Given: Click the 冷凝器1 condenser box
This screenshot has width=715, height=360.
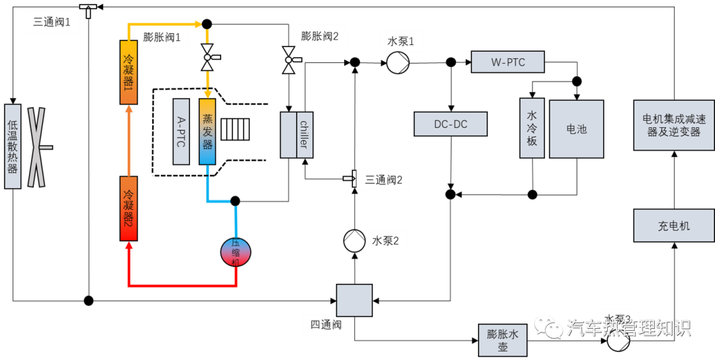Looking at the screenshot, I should [128, 72].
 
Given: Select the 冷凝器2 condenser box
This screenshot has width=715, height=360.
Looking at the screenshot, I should [128, 208].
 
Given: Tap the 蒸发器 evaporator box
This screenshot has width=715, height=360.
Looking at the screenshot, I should [207, 132].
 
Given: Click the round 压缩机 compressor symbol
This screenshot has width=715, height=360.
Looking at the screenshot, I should [236, 252].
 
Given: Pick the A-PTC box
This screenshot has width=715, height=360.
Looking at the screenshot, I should [181, 132].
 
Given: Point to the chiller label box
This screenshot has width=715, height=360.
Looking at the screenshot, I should [305, 135].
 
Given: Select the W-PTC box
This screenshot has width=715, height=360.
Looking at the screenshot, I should [508, 62].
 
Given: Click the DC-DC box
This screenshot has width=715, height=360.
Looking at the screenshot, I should [450, 124].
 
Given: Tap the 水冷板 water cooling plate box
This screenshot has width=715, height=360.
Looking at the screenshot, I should [532, 128].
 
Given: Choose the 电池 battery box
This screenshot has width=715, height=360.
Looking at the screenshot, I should [576, 129].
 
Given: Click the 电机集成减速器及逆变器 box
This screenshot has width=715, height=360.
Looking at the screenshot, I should [674, 125].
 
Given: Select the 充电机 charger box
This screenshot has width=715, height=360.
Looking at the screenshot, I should [674, 226].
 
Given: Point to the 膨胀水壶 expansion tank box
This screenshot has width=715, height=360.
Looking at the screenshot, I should [503, 340].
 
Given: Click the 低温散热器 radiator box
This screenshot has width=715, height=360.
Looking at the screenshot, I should [13, 146].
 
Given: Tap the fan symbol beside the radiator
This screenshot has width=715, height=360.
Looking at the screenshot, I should [36, 147].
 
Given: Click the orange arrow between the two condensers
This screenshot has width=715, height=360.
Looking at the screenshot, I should [129, 139].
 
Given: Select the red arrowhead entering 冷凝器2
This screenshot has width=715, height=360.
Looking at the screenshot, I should [129, 246].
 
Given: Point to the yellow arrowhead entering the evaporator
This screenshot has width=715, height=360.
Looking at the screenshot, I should [207, 94].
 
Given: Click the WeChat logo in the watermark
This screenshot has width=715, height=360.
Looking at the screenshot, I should [549, 326].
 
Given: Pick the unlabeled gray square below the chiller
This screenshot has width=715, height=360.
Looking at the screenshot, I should [354, 300].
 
